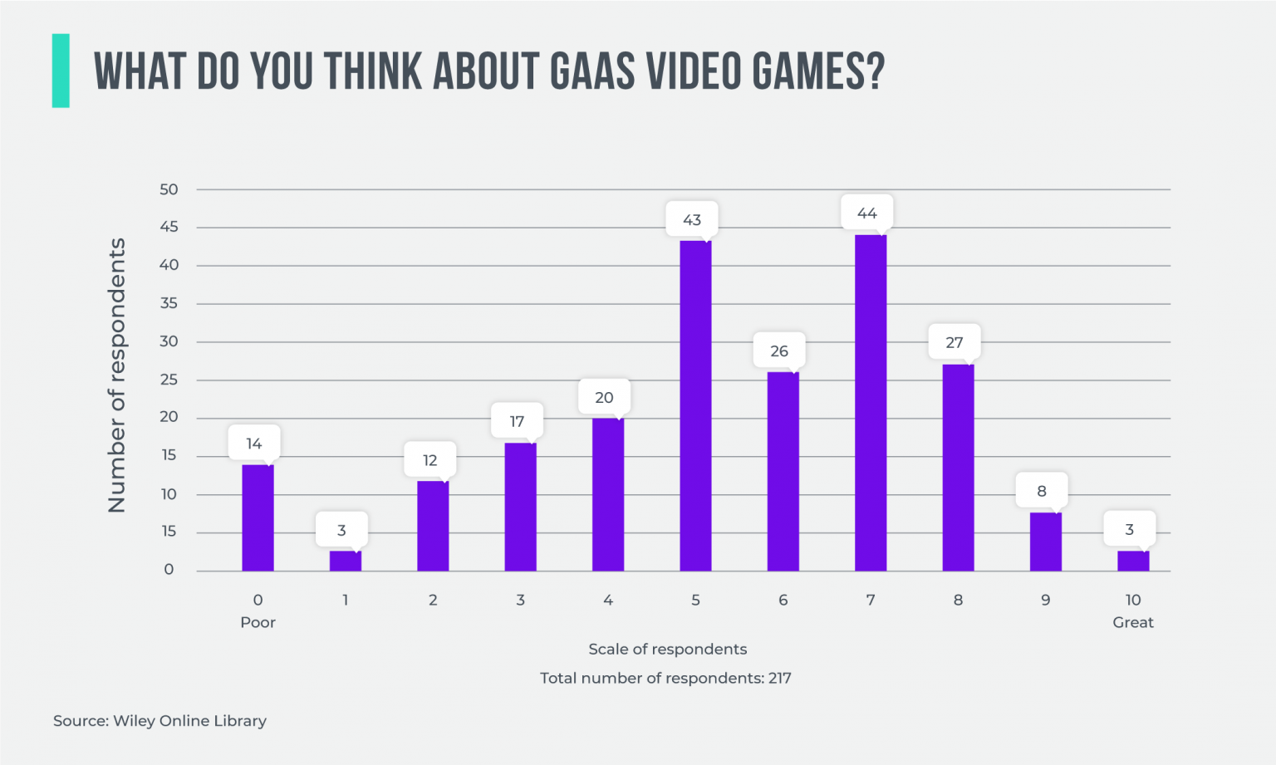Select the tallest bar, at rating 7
click(871, 403)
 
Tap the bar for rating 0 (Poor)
click(258, 517)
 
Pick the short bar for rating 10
click(1133, 561)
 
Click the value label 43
click(692, 219)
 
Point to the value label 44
click(866, 213)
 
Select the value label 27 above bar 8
click(954, 342)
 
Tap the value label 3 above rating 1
click(341, 530)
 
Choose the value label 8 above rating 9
click(1042, 491)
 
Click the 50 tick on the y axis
click(169, 189)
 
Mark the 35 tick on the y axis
click(169, 303)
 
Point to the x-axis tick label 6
click(783, 600)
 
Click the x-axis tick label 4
click(608, 600)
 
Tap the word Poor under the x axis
click(258, 622)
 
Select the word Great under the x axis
click(1133, 622)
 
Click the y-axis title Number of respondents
click(117, 375)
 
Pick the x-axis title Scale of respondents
click(667, 649)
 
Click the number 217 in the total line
click(779, 678)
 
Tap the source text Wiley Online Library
click(189, 720)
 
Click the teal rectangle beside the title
click(61, 71)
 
